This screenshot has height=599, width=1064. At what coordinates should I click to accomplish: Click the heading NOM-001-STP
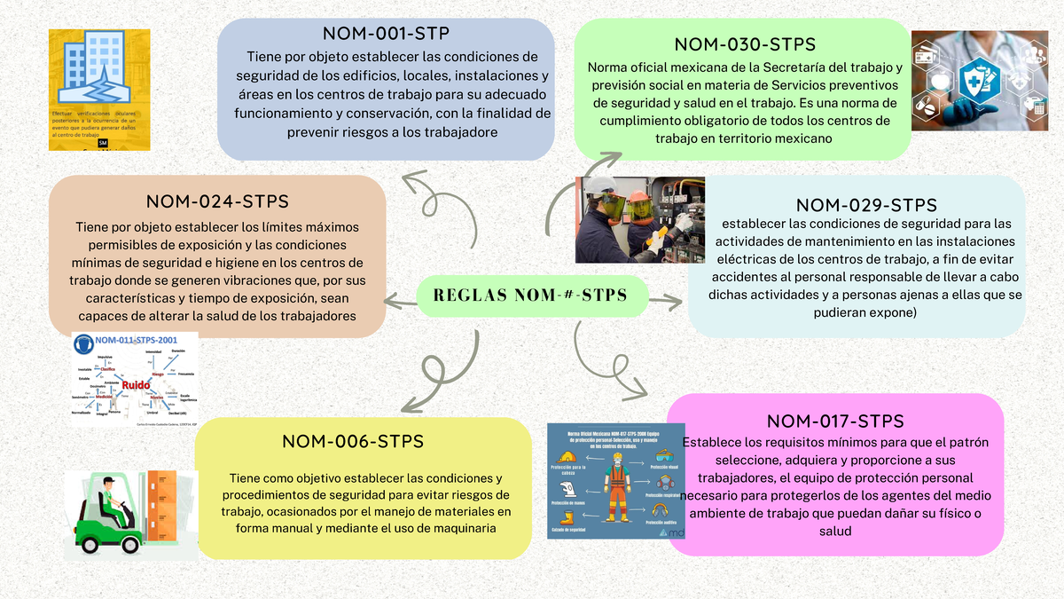click(x=386, y=34)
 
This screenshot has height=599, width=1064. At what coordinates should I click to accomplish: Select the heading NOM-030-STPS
click(x=745, y=44)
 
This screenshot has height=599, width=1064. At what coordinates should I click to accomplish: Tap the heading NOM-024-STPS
click(x=217, y=201)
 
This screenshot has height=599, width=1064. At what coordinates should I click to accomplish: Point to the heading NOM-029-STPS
click(x=866, y=206)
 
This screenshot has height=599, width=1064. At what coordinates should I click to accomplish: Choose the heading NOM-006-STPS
click(x=353, y=441)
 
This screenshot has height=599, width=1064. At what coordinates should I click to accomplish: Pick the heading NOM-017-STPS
click(x=835, y=421)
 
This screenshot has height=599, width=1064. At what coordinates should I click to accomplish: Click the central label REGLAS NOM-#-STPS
click(x=530, y=295)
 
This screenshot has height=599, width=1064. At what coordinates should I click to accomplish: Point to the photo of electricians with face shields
click(x=640, y=219)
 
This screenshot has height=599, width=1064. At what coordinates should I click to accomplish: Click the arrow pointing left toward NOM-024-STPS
click(x=399, y=304)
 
